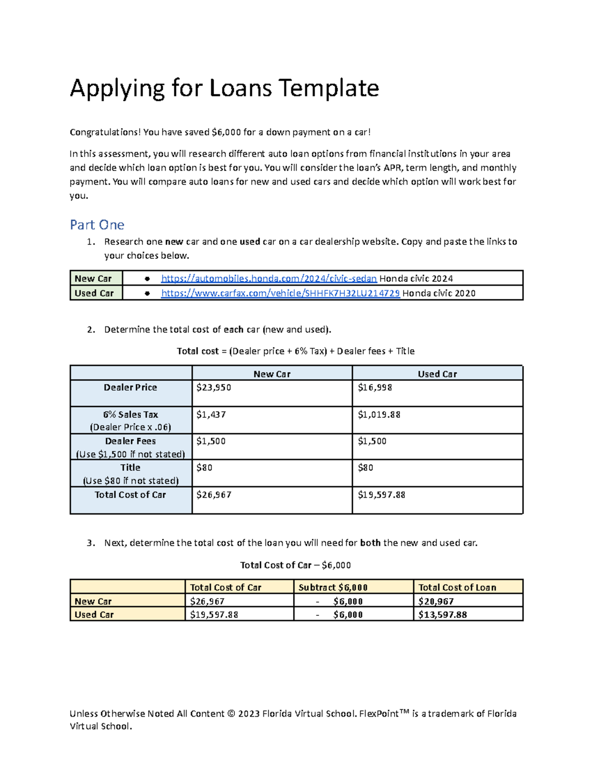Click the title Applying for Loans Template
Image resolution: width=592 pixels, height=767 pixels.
coord(224,88)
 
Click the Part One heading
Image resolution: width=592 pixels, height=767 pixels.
coord(97,225)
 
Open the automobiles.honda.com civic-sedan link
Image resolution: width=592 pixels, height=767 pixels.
coord(269,279)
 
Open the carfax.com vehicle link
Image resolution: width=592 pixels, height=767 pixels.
coord(280,293)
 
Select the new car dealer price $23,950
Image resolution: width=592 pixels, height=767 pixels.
coord(214,388)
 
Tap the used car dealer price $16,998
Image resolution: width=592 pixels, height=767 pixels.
coord(375,388)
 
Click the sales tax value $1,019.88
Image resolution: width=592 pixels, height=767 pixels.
coord(379,415)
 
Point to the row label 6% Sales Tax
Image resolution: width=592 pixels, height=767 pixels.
coord(130,415)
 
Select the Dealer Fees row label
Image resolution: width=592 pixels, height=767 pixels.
coord(130,441)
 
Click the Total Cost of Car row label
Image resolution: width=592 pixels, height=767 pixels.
coord(130,495)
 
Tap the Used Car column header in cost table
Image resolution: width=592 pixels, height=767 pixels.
coord(437,374)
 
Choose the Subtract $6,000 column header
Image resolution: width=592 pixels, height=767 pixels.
coord(333,587)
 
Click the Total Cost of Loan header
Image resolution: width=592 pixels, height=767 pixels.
coord(457,587)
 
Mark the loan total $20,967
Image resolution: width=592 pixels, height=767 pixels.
coord(436,601)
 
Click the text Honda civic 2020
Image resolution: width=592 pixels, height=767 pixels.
coord(439,293)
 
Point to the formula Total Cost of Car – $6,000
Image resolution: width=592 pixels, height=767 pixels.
coord(296,565)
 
